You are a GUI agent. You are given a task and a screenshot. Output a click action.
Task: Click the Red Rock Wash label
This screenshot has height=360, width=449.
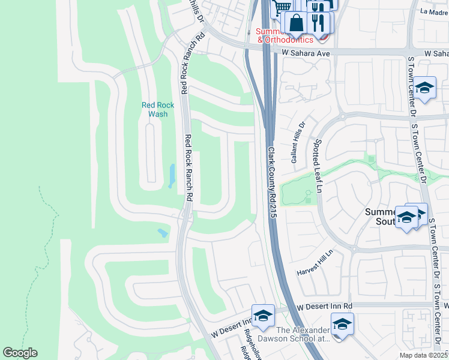click(158, 109)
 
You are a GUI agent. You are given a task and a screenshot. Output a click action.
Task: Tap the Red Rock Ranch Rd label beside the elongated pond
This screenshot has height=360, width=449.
click(188, 167)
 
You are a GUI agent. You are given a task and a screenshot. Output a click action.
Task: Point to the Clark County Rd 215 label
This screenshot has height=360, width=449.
click(271, 184)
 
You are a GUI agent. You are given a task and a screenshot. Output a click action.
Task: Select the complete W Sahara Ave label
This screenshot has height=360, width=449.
click(306, 53)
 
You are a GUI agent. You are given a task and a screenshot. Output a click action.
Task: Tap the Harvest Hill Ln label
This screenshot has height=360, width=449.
click(314, 264)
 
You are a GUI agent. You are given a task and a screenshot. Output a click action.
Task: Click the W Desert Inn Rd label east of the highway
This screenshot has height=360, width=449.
click(325, 307)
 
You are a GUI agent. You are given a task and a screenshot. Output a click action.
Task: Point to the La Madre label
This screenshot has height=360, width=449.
click(435, 11)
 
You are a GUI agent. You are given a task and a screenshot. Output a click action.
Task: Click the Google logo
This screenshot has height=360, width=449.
click(20, 353)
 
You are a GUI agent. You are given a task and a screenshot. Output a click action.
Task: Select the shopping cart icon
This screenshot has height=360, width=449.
click(282, 7)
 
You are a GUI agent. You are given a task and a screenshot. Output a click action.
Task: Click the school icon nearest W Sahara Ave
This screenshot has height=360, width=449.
click(424, 88)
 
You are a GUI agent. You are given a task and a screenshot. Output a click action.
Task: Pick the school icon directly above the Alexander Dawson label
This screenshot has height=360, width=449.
click(342, 324)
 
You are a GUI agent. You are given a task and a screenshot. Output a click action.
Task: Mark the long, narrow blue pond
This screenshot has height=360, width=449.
click(173, 176)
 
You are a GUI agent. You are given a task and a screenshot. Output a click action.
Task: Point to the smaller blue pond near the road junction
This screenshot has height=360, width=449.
click(163, 232)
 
